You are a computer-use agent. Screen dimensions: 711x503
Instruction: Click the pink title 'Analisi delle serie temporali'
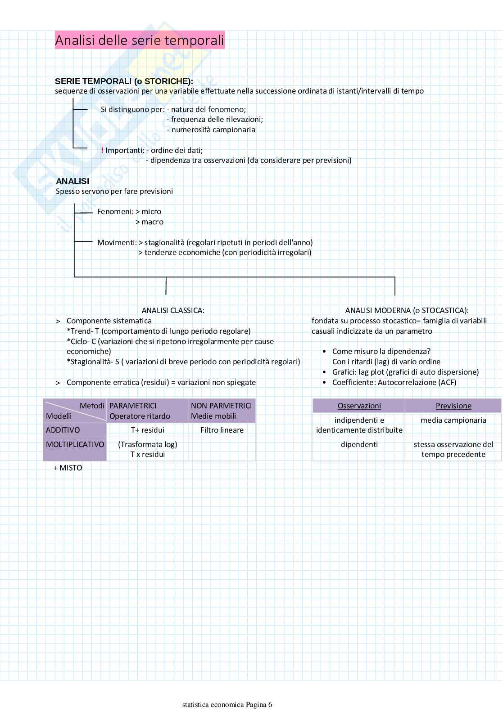[x=140, y=40]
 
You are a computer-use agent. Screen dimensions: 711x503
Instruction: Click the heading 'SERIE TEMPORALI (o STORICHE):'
[x=124, y=81]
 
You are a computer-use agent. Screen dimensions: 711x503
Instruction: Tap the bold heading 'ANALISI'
[x=73, y=181]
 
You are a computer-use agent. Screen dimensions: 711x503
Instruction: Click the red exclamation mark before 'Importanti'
[x=102, y=150]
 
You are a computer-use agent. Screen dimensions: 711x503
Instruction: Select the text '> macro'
[x=150, y=222]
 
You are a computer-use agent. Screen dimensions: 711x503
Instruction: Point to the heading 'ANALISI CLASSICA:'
[x=173, y=310]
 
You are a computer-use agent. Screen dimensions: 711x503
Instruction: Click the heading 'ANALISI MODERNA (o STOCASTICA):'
[x=407, y=310]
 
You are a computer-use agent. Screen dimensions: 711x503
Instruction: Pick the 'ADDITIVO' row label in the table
[x=63, y=430]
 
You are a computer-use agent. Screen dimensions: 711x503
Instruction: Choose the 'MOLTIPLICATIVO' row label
[x=75, y=444]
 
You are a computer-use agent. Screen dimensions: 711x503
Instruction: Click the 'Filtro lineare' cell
[x=222, y=430]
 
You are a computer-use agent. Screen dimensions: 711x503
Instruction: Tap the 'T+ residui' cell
[x=148, y=430]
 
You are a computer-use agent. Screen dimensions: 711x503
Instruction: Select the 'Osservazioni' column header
[x=359, y=406]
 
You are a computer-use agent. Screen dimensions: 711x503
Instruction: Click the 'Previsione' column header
[x=453, y=406]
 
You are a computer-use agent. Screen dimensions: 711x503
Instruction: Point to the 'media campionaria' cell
[x=453, y=420]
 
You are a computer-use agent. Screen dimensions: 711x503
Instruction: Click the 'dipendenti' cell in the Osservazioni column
[x=359, y=444]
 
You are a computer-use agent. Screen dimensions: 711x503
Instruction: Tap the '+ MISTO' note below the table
[x=68, y=468]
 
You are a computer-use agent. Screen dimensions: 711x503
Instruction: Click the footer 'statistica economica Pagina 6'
[x=227, y=704]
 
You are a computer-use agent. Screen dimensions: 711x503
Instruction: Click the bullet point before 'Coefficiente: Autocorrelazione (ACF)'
[x=324, y=383]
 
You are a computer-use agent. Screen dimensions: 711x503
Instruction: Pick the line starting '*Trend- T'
[x=159, y=331]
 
